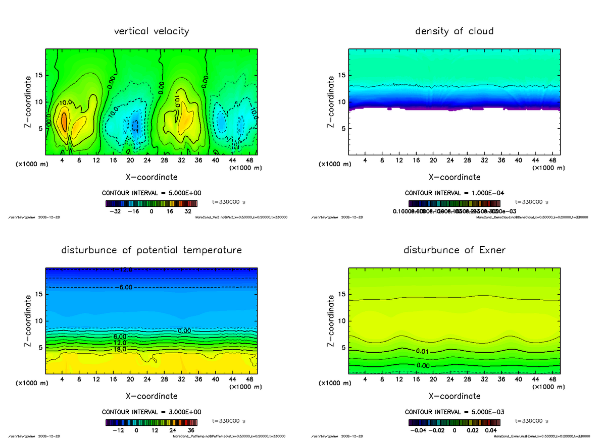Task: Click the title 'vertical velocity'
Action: click(151, 31)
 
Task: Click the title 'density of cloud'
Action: click(454, 31)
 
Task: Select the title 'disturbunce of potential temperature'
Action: click(151, 250)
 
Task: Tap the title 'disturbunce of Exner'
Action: click(454, 250)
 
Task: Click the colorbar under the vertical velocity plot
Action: click(151, 204)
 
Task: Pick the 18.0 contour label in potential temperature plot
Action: click(120, 349)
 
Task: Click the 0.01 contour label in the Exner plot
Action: click(423, 351)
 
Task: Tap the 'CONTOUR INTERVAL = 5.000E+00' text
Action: click(151, 193)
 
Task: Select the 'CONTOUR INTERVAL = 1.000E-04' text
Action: click(454, 193)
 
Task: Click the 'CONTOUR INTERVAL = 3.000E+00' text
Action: click(151, 412)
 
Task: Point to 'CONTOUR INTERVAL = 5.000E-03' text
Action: click(454, 412)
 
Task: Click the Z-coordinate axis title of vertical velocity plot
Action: click(29, 101)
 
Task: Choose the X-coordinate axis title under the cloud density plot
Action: click(454, 177)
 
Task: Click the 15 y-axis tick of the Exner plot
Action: click(341, 294)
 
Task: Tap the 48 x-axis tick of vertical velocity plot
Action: click(248, 160)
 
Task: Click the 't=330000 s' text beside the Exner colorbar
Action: click(531, 420)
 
